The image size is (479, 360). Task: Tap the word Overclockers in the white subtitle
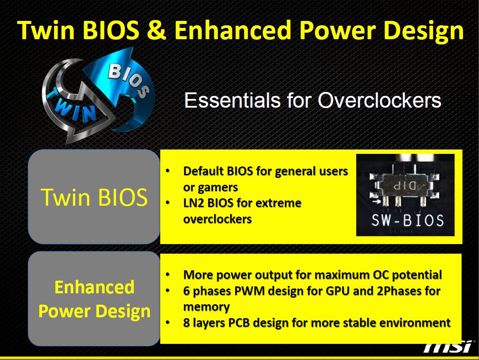pos(379,100)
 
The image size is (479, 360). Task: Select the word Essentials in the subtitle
pos(232,100)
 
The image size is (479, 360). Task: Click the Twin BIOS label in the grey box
pos(94,197)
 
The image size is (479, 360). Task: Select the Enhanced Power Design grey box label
pos(94,299)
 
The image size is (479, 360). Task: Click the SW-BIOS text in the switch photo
pos(408,220)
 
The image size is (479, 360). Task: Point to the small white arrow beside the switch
pos(377,201)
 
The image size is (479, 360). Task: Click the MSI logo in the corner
pos(448,347)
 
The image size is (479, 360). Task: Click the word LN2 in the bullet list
pos(193,203)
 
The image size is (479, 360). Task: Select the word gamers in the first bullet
pos(218,187)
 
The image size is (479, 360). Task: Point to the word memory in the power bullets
pos(206,307)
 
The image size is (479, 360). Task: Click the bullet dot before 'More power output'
pos(167,275)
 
